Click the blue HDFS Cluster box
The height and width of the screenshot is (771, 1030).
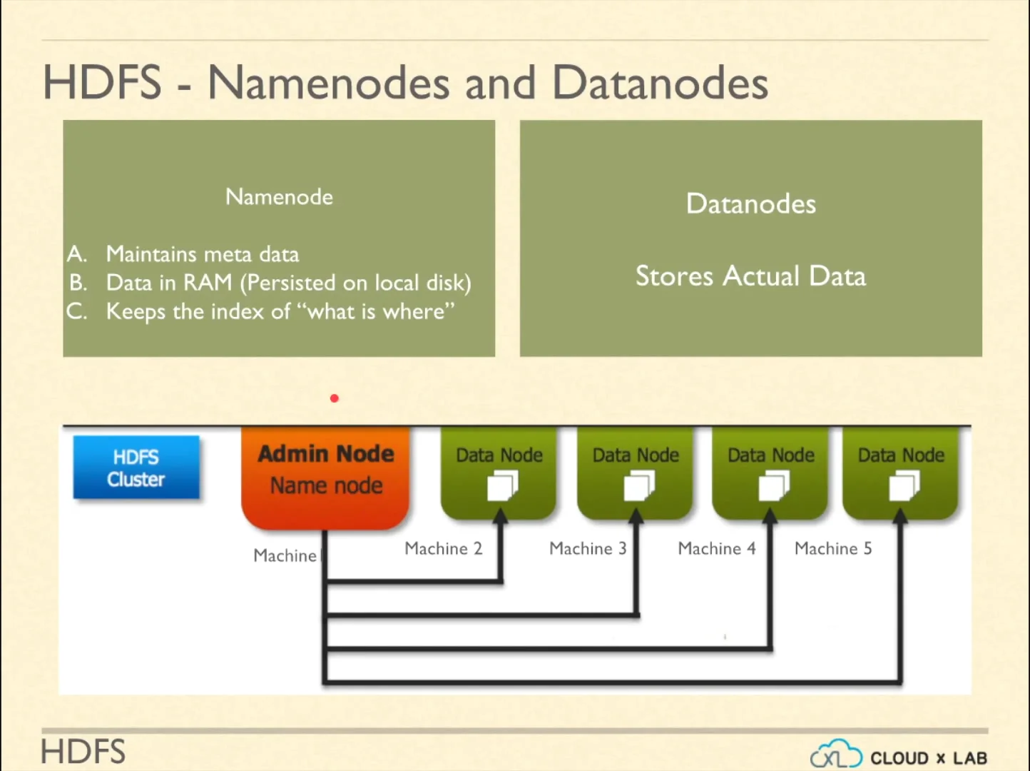tap(136, 468)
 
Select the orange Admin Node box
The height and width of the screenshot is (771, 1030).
tap(326, 475)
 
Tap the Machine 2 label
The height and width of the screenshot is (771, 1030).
tap(443, 548)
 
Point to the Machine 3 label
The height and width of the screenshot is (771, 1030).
tap(588, 548)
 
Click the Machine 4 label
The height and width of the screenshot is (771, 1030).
tap(716, 548)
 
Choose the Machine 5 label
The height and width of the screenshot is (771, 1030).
tap(833, 548)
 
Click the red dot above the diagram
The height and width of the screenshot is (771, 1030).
tap(334, 398)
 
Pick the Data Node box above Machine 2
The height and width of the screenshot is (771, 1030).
tap(499, 471)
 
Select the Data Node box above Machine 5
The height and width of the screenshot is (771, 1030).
tap(900, 471)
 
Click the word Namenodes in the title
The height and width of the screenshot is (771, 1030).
tap(328, 83)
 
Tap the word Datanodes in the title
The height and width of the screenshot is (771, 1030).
tap(660, 83)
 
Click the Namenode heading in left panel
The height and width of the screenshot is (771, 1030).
tap(279, 197)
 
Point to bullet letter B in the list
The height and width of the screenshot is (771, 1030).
tap(78, 283)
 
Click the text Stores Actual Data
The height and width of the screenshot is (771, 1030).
tap(750, 276)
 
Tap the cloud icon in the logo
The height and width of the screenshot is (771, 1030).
tap(835, 755)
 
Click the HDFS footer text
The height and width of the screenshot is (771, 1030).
tap(83, 752)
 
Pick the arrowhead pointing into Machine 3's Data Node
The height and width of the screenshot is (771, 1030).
tap(636, 515)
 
